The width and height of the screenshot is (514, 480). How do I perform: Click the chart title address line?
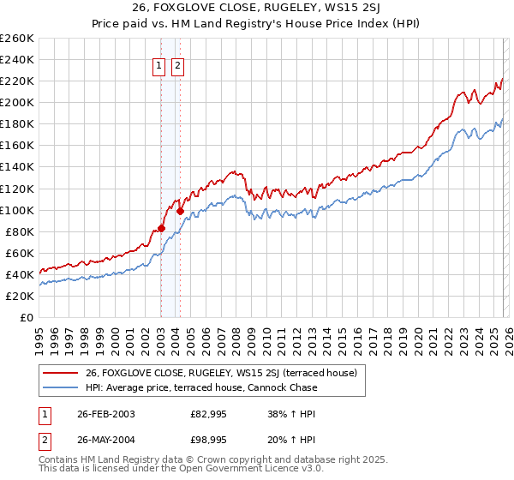[257, 9]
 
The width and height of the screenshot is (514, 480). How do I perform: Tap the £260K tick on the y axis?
[17, 39]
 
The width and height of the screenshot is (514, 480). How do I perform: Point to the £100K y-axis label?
[17, 210]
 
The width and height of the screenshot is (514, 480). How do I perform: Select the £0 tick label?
[27, 317]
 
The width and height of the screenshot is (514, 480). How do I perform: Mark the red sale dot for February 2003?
[161, 228]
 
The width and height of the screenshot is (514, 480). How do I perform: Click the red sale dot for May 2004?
[180, 211]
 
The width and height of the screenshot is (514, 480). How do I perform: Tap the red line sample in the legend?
[61, 372]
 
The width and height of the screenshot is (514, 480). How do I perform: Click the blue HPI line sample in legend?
[61, 387]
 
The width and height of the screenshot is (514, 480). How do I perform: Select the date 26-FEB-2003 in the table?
[105, 414]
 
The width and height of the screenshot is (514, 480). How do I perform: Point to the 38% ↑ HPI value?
[292, 414]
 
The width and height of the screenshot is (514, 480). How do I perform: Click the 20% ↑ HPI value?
[292, 440]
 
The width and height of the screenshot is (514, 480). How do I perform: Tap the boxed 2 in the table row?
[44, 440]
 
